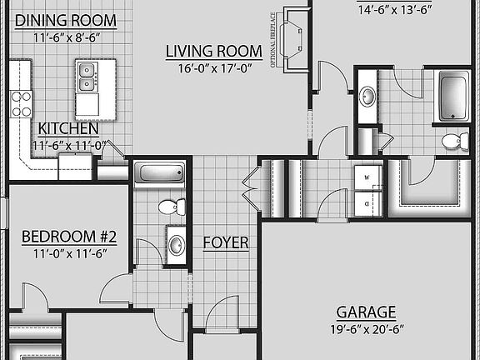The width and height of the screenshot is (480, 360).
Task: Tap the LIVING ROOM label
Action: (213, 52)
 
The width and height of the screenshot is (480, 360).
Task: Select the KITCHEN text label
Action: (68, 129)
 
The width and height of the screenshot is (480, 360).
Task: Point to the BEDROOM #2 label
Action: (69, 237)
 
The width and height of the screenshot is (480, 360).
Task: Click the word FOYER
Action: (226, 242)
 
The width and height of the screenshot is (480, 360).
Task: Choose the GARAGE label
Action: (366, 312)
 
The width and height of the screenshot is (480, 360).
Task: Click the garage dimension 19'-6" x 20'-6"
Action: (366, 329)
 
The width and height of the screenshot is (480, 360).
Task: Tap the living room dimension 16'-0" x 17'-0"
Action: (213, 69)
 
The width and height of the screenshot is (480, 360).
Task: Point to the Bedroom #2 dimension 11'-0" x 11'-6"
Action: (69, 253)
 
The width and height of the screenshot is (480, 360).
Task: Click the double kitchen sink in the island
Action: (86, 77)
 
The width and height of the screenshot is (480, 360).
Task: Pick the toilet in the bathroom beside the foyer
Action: (170, 206)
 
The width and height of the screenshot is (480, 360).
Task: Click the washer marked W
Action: (367, 178)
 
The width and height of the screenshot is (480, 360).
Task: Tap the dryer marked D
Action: (367, 202)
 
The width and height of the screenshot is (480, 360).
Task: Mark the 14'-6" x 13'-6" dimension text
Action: (395, 10)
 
